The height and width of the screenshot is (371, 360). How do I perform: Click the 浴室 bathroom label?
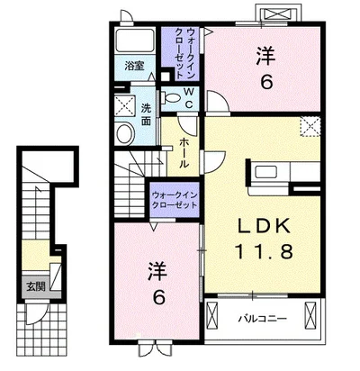[x=134, y=66]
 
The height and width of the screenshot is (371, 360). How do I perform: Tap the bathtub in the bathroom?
[x=135, y=41]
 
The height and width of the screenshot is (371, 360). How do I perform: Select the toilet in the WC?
[x=171, y=97]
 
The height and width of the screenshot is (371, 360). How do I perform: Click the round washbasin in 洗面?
[x=125, y=134]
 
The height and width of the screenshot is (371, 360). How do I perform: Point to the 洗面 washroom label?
[x=146, y=115]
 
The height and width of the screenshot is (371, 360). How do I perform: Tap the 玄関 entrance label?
[x=36, y=286]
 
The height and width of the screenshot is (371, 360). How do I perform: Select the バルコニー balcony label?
[x=263, y=319]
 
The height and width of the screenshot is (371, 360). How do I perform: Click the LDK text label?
[x=265, y=226]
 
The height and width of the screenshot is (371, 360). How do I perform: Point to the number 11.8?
[x=264, y=251]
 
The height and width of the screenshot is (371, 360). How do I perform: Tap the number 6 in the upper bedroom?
[x=266, y=82]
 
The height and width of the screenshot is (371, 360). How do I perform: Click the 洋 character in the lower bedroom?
[x=157, y=271]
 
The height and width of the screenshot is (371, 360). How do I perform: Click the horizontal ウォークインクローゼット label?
[x=175, y=200]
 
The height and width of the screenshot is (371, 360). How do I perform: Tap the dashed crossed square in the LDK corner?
[x=310, y=126]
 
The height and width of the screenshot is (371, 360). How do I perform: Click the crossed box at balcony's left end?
[x=212, y=317]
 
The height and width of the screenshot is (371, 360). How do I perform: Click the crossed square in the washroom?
[x=124, y=105]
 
